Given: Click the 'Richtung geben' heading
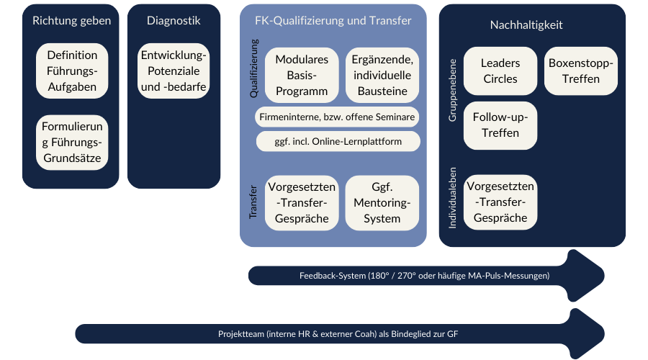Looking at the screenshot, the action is coord(71,21).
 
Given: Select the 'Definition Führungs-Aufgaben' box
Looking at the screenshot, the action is coord(72,71).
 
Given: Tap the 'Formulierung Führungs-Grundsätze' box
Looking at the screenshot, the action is coord(72,142).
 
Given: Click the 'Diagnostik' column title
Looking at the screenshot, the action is coord(174,21).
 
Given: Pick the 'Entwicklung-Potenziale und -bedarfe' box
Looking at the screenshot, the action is coord(174,71).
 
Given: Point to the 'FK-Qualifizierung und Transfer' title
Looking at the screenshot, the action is coord(333,21).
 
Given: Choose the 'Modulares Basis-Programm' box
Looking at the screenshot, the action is coord(302,75).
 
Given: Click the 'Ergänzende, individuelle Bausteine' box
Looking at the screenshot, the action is coord(382,75).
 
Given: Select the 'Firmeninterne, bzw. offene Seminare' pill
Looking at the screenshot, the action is coord(337,117).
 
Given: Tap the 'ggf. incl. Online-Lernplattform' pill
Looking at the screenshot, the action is coord(338,141).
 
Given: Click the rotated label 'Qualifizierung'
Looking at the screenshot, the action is coord(253,68).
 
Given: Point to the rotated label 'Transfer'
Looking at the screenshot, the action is coord(253,202).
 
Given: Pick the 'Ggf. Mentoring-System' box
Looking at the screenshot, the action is coord(382,202).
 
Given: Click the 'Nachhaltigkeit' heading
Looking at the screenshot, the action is coord(526,24).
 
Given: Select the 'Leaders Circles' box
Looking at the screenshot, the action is coord(500,71).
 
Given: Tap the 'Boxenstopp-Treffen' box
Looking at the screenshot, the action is coord(580,71).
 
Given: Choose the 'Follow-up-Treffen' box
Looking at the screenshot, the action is coord(500,125).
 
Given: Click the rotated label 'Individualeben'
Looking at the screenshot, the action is coord(453,197).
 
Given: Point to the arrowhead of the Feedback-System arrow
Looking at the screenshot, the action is coord(587,275).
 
